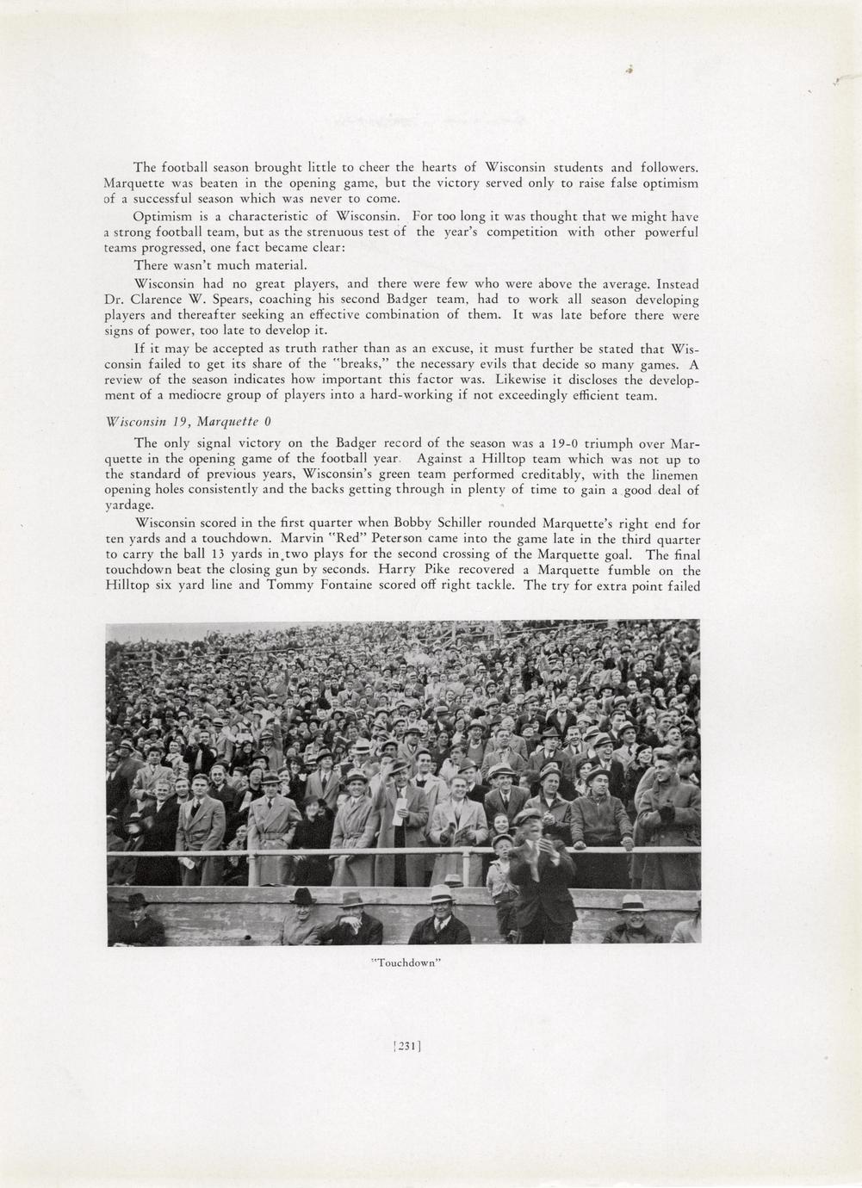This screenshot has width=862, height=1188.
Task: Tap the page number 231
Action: click(x=406, y=1047)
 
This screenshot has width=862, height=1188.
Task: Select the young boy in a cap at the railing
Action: click(x=501, y=869)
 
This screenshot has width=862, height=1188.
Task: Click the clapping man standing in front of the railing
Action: click(x=538, y=869)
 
